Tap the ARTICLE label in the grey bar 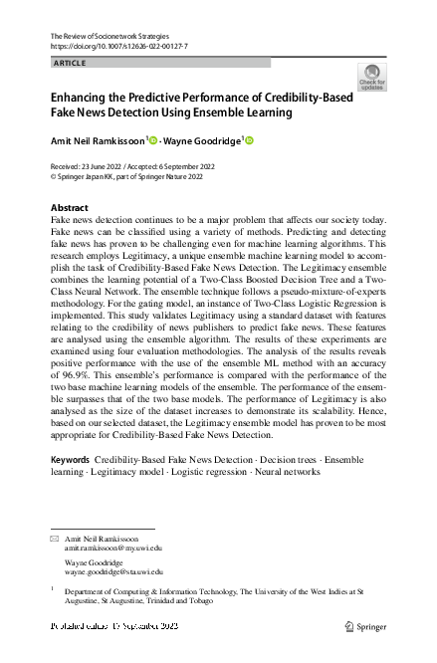(70, 63)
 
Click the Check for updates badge (372, 78)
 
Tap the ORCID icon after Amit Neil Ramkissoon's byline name (153, 141)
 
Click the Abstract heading (69, 208)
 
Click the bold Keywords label (69, 460)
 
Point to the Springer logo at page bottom (365, 627)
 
